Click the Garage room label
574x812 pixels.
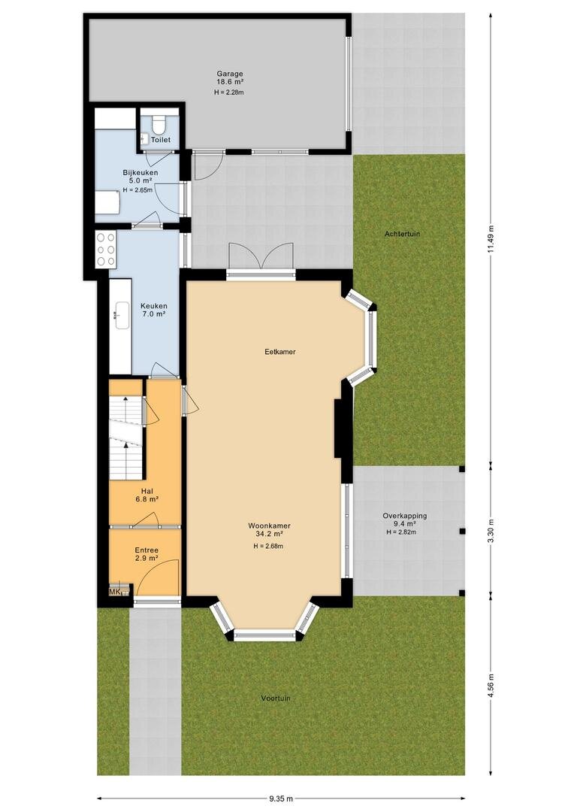[230, 74]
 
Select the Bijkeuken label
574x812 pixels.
[140, 172]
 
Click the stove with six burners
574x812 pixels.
[106, 249]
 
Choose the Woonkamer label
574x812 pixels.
[269, 526]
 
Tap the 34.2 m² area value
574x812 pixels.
[269, 534]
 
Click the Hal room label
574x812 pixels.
[147, 492]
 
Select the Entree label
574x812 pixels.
[147, 550]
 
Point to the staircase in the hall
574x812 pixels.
[125, 438]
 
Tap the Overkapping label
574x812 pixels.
[405, 516]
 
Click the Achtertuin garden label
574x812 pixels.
[402, 234]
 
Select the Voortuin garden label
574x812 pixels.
[276, 698]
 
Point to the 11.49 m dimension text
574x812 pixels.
[491, 239]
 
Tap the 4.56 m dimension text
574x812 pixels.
[491, 686]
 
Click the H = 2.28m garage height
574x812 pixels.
[228, 92]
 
